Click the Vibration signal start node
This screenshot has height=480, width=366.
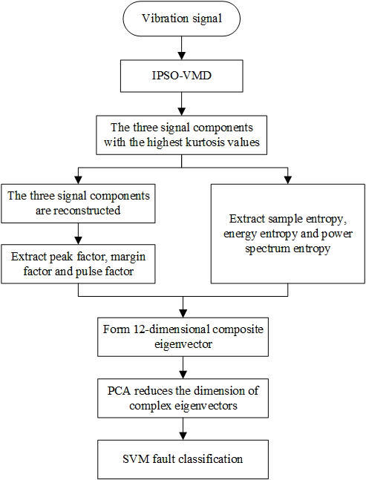[x=182, y=19]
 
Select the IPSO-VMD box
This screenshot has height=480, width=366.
[x=182, y=76]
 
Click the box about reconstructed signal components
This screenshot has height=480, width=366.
[x=78, y=203]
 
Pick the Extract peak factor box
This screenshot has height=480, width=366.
[x=78, y=264]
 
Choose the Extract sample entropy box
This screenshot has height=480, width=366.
[x=288, y=234]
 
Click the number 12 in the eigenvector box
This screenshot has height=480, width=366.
[x=140, y=329]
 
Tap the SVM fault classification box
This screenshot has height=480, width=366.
[x=183, y=459]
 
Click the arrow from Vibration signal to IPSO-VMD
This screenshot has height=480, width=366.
[x=182, y=47]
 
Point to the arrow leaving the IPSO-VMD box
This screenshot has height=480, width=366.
[x=182, y=104]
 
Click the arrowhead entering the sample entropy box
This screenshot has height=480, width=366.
[x=288, y=180]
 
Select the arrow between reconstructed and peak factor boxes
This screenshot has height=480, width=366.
[x=79, y=234]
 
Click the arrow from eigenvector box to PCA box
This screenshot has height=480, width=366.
[x=183, y=368]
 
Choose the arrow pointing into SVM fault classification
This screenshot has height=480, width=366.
[x=183, y=429]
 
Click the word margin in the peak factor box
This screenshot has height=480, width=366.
[x=128, y=257]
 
